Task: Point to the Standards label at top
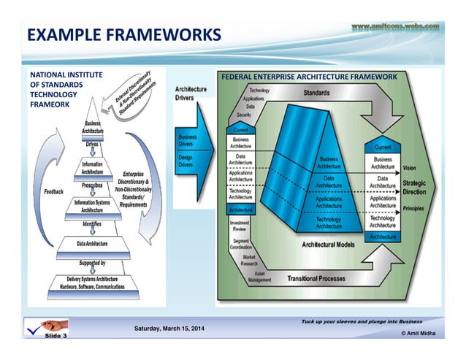[x=316, y=93]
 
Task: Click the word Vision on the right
[x=410, y=167]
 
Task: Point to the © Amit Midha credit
[x=418, y=333]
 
